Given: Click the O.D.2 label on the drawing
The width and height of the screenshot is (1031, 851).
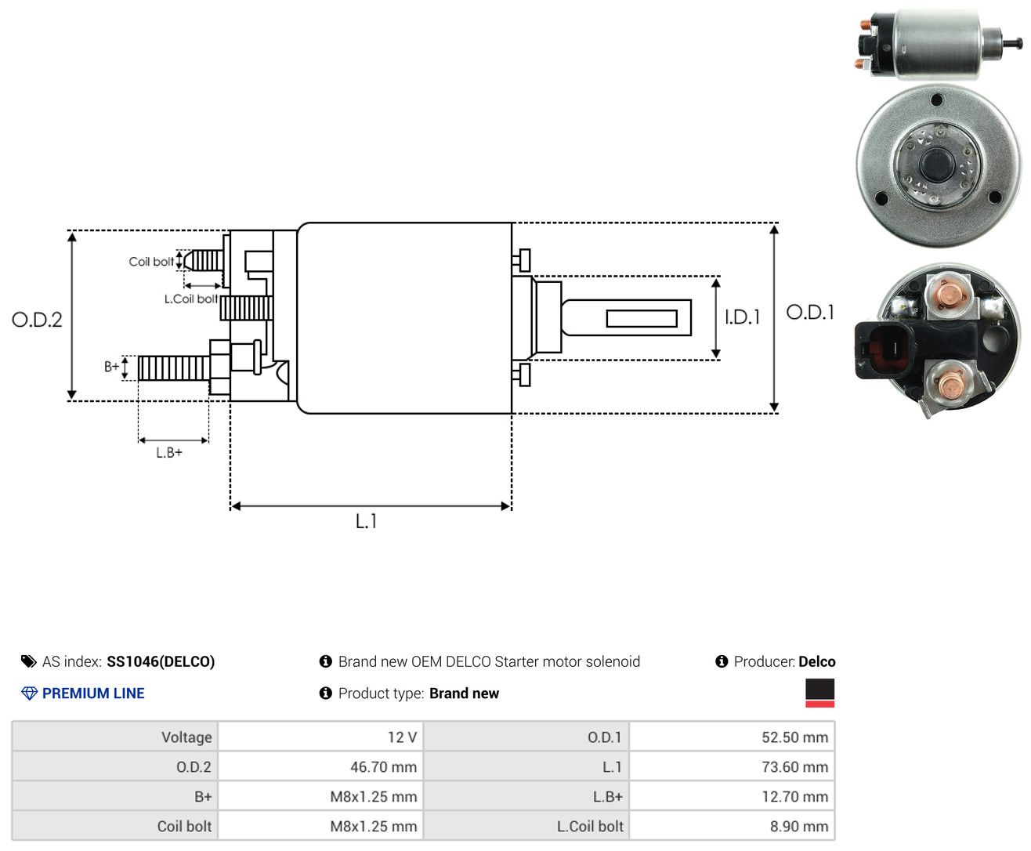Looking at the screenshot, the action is coord(37,320).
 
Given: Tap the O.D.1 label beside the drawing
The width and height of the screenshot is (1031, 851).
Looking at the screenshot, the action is coord(810,312).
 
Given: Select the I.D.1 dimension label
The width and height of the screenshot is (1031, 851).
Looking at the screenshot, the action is coord(742,317).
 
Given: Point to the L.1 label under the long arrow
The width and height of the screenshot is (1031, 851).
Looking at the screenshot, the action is coord(366,521).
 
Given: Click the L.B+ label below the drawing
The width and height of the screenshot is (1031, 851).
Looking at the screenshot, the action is coord(169,452).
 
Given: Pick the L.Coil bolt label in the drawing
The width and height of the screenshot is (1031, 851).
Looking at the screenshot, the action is coord(190,299).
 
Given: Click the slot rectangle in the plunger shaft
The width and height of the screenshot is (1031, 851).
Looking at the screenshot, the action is coord(642,319).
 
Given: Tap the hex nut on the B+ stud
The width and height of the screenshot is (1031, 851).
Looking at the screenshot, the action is coord(219,367).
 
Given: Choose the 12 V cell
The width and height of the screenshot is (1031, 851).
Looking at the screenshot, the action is coord(320,737).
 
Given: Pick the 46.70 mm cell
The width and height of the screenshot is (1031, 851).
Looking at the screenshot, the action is coord(320,766).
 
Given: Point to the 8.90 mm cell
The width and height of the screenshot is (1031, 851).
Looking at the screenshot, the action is coord(732,826).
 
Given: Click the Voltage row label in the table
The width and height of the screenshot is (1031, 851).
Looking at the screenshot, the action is coord(186,737).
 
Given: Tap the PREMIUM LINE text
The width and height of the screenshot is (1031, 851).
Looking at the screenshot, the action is coord(93,693).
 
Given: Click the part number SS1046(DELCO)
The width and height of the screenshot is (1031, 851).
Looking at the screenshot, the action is coord(161,661).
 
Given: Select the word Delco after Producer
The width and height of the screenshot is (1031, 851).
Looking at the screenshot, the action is coord(816,661).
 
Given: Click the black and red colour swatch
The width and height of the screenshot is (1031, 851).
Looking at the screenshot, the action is coord(819,693).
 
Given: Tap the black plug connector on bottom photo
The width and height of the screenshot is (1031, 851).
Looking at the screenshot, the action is coord(884,349).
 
